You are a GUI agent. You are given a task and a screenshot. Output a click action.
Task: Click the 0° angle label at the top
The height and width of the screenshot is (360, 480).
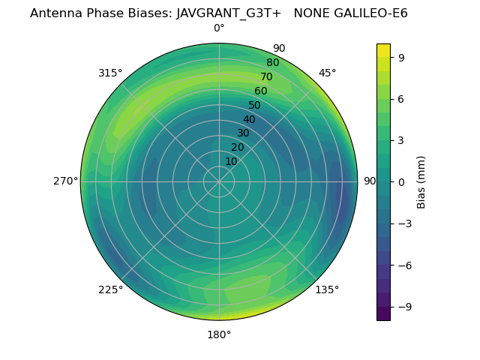[219, 28]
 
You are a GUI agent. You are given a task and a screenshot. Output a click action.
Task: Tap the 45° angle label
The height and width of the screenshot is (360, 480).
[328, 73]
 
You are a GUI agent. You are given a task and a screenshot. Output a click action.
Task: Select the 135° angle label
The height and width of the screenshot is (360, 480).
[327, 289]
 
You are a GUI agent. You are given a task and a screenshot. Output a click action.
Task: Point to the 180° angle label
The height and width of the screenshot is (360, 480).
[219, 334]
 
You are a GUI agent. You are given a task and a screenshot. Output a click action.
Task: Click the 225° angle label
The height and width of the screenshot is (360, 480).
[110, 289]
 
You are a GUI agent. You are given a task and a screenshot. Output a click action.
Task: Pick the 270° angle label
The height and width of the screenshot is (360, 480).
[65, 181]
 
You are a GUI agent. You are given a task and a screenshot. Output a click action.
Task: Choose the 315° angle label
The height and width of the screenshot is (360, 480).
[110, 73]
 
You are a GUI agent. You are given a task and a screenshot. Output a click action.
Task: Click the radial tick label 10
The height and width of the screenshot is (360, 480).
[231, 161]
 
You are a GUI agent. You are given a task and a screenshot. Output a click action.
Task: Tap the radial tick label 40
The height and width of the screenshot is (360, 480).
[249, 119]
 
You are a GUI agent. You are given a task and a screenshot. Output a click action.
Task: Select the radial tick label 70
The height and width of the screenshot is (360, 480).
[266, 76]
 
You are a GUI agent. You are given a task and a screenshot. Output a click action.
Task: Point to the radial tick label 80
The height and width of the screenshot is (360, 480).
[272, 62]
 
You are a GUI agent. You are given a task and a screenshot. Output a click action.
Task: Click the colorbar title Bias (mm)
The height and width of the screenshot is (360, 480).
[421, 181]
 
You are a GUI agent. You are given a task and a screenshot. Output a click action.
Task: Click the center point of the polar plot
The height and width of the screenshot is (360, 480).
[219, 181]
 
